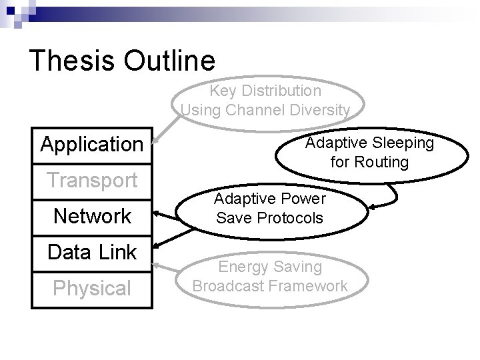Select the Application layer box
(92, 144)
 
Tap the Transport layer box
(92, 180)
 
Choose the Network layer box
(92, 216)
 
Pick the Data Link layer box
(92, 252)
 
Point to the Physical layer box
(92, 289)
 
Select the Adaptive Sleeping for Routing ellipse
(369, 153)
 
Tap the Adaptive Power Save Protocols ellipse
(270, 208)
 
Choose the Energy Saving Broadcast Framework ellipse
(270, 277)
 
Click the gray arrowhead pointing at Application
(156, 141)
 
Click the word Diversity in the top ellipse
(317, 109)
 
